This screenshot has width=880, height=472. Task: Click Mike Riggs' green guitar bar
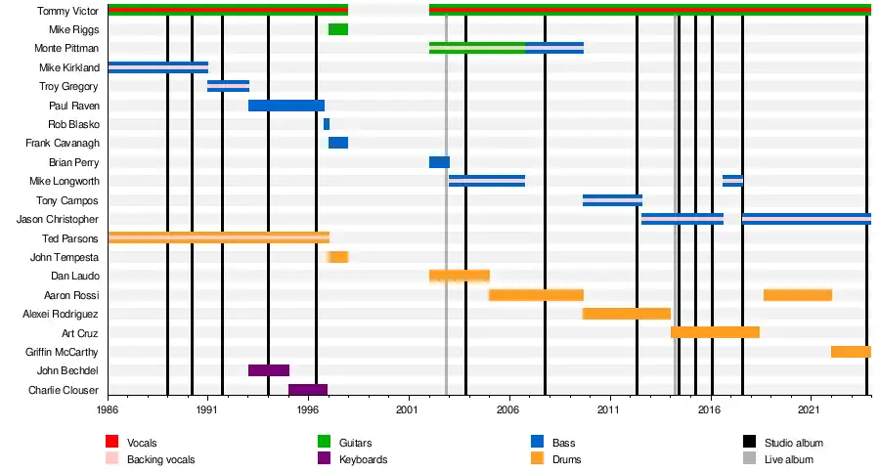coord(337,29)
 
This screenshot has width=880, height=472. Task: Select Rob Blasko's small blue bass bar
coord(327,124)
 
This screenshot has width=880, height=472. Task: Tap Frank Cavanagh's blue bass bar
coord(337,143)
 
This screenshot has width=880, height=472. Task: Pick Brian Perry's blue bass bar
coord(439,162)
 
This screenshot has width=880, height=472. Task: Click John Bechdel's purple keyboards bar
coord(268,370)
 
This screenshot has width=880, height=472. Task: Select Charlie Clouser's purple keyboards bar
coord(307,390)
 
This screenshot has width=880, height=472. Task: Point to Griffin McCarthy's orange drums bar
coord(851,352)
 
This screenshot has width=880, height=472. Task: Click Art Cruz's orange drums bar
coord(715,332)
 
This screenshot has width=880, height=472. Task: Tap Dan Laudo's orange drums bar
coord(459,276)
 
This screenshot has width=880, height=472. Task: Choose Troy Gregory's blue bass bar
coord(228,86)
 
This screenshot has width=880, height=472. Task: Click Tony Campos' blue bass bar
coord(612,200)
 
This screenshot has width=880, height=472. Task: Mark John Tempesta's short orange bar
coord(337,257)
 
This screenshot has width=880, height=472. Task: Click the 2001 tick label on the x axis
coord(408,412)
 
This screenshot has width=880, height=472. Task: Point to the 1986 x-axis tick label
coord(108,412)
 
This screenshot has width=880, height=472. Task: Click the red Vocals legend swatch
coord(111,444)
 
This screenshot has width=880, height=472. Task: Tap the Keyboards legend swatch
coord(324,459)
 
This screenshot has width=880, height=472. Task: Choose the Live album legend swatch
coord(749,459)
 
